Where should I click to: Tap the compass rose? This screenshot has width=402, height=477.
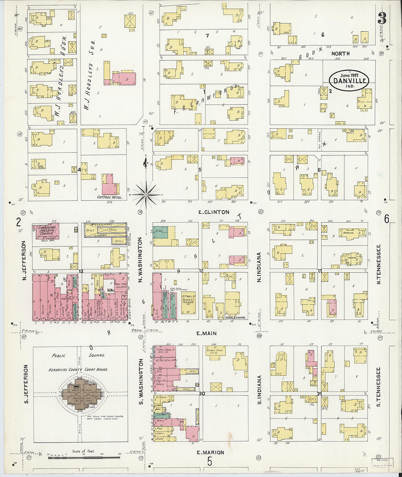pyautogui.click(x=146, y=195)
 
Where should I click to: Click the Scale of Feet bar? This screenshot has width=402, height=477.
pyautogui.click(x=84, y=457)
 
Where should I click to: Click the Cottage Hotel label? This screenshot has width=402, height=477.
pyautogui.click(x=109, y=197)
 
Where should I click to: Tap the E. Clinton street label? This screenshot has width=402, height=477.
pyautogui.click(x=214, y=212)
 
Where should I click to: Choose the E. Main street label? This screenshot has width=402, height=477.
pyautogui.click(x=206, y=333)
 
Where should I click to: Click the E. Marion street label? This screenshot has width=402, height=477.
pyautogui.click(x=210, y=453)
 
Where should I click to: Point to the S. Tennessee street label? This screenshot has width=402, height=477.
pyautogui.click(x=378, y=387)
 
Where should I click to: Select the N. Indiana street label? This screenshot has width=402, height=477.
pyautogui.click(x=259, y=267)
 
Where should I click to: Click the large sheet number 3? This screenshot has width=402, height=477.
pyautogui.click(x=382, y=18)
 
